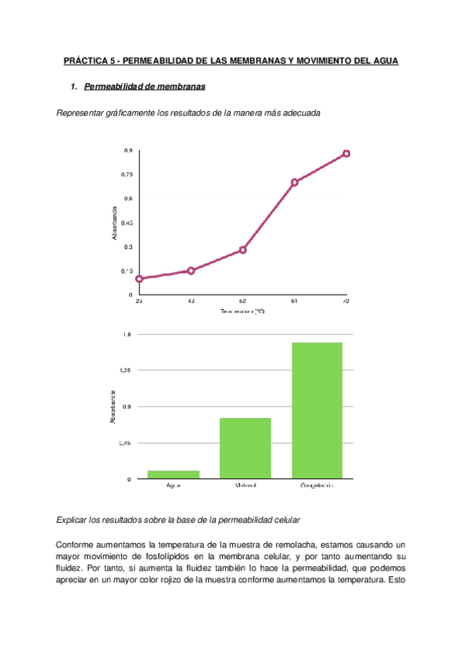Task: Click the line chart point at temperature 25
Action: tap(140, 278)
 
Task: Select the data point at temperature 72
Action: tap(346, 153)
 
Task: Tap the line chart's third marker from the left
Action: tap(243, 250)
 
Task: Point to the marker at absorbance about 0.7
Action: tap(295, 182)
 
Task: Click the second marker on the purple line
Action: tap(191, 271)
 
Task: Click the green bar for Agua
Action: tap(174, 474)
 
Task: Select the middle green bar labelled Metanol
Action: tap(245, 447)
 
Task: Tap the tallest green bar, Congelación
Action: tap(316, 410)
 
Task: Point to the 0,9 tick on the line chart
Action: tap(127, 150)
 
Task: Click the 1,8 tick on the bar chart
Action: tap(127, 334)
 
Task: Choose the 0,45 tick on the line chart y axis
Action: tap(126, 223)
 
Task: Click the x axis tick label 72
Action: tap(346, 301)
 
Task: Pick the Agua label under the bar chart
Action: tap(174, 485)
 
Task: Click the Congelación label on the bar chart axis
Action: tap(316, 485)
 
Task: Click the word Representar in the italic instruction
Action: tap(84, 113)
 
